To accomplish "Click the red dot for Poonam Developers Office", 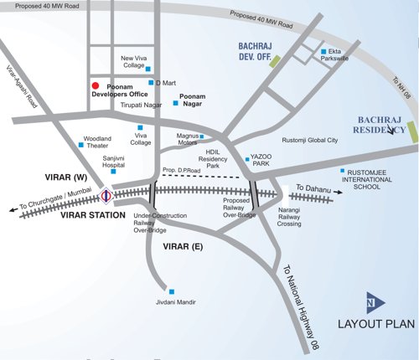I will (x=96, y=86).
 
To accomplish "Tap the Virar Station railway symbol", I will (x=106, y=197).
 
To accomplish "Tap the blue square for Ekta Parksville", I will (x=323, y=53).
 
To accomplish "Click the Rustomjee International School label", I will (x=375, y=179).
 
